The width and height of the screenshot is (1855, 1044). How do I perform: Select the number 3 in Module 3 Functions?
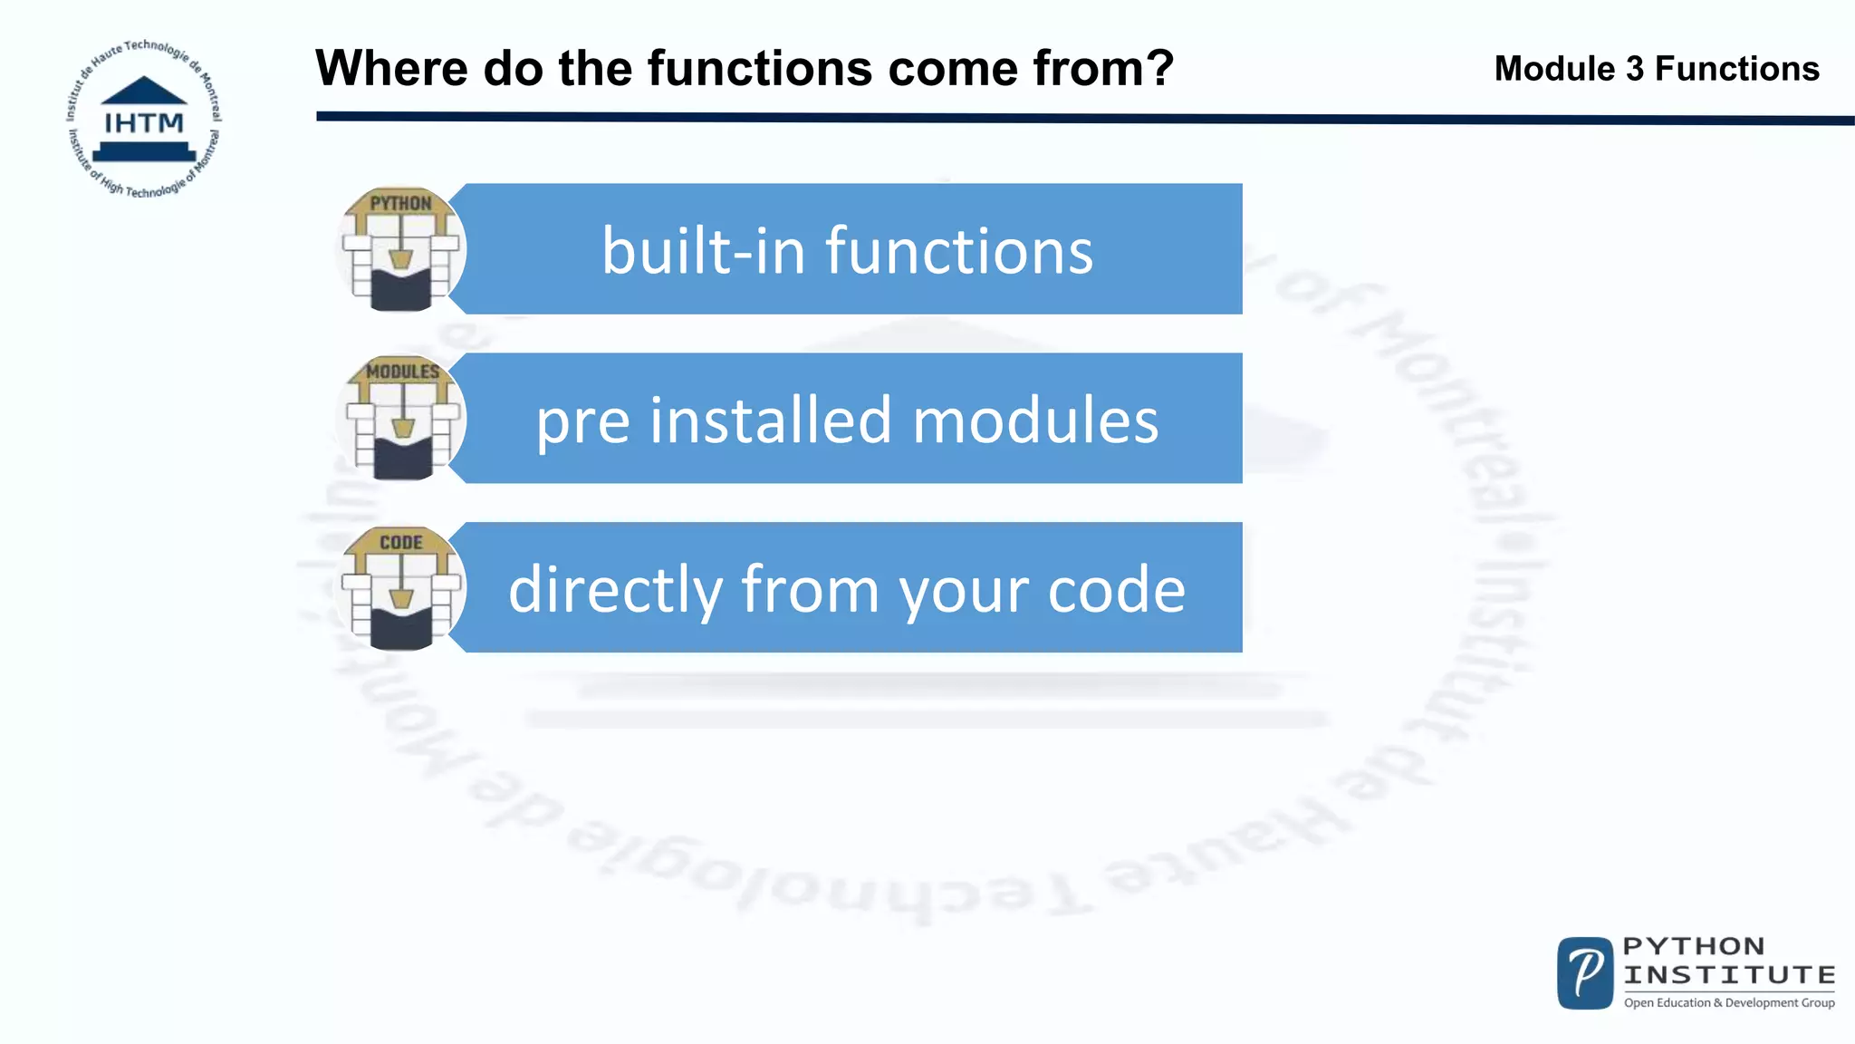click(1634, 69)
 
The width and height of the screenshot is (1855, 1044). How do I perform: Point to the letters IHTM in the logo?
click(144, 123)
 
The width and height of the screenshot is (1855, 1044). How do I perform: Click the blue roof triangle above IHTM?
click(144, 91)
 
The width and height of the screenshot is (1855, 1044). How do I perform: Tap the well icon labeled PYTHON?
click(400, 249)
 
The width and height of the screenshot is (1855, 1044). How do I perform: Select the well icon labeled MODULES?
click(402, 418)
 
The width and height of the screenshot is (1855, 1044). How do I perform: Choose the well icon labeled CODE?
click(400, 588)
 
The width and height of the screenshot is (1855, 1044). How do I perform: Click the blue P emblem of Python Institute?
click(1585, 973)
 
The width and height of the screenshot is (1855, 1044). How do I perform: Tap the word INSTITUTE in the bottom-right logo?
click(1729, 975)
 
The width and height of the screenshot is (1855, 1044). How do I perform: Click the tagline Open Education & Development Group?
click(1729, 1002)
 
